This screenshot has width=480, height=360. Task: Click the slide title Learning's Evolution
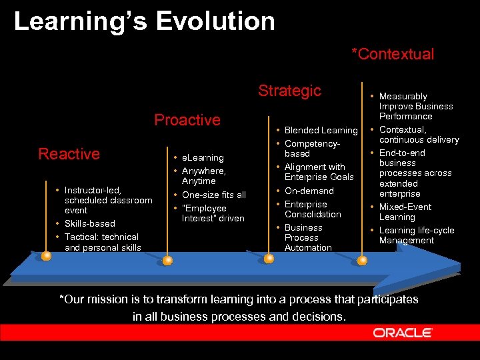[144, 21]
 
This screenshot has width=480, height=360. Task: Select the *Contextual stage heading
[393, 54]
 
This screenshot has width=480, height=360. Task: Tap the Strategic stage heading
[289, 91]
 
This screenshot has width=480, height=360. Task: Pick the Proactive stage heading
[187, 120]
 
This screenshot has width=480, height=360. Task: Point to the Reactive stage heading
[69, 154]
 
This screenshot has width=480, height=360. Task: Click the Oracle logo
[403, 333]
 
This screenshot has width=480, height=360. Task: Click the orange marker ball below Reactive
[46, 255]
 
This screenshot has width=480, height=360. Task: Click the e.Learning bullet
[203, 158]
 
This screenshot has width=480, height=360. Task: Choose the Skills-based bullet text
[89, 223]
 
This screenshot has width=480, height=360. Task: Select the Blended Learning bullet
[321, 130]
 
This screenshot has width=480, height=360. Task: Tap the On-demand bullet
[309, 191]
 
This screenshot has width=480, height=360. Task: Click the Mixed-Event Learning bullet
[405, 212]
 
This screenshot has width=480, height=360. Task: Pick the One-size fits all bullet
[213, 195]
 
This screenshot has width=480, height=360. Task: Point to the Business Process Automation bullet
[307, 237]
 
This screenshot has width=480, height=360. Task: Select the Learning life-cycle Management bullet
[416, 235]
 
